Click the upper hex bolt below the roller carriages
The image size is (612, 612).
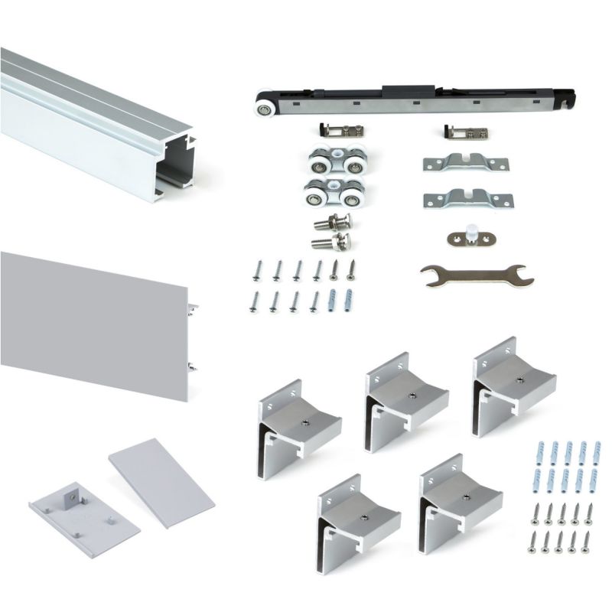(x=332, y=225)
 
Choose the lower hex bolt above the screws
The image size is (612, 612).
(x=332, y=243)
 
